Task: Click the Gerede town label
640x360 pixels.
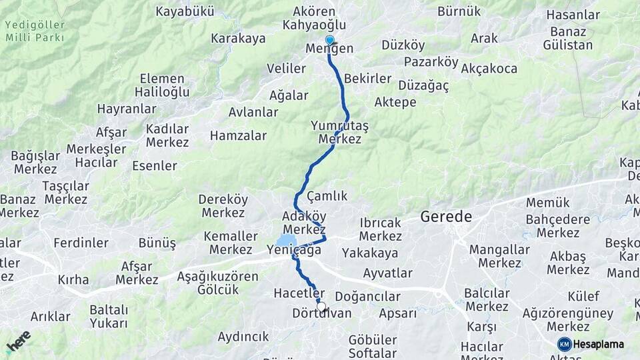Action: pos(446,217)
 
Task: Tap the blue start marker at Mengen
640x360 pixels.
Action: pos(329,40)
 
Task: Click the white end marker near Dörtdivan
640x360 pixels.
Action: pos(321,307)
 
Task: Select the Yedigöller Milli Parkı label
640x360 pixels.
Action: pos(35,31)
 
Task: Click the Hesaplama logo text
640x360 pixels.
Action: pos(599,344)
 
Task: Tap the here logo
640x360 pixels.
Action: pos(19,341)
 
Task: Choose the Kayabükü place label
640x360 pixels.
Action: pos(185,11)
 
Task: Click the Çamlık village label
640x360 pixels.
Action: pos(327,196)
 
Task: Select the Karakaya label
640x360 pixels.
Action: pos(238,39)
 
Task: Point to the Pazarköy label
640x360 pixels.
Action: pos(431,63)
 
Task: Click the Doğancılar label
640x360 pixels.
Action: pos(367,297)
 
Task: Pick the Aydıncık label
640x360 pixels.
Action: pos(243,337)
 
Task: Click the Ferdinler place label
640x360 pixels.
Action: pos(81,243)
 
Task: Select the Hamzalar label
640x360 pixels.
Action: pos(238,136)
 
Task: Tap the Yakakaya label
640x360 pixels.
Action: pos(370,253)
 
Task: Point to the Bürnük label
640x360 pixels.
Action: pos(459,11)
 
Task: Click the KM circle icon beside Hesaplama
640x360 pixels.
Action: pos(565,344)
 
